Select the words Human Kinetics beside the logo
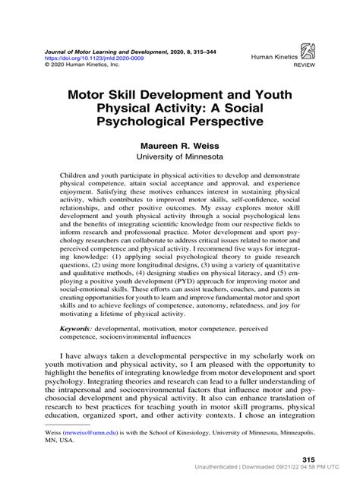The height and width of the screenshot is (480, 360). coord(270,56)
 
